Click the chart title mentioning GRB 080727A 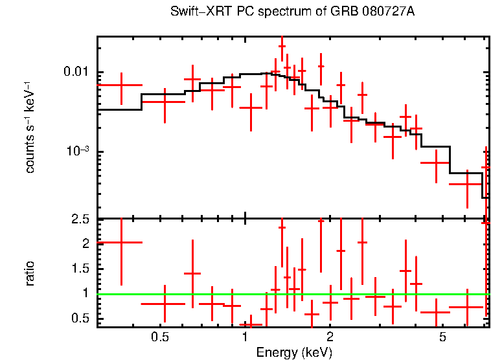[x=292, y=12]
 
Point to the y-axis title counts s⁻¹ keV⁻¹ [x=29, y=127]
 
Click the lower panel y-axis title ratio [x=29, y=273]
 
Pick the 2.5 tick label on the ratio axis [x=81, y=219]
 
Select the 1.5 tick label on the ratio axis [x=81, y=269]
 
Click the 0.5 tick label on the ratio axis [x=81, y=318]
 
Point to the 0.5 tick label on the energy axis [x=160, y=337]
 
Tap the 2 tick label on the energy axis [x=330, y=337]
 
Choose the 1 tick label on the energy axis [x=245, y=337]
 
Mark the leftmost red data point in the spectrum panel [x=121, y=85]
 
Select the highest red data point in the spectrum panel [x=282, y=47]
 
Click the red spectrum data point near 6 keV [x=467, y=185]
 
